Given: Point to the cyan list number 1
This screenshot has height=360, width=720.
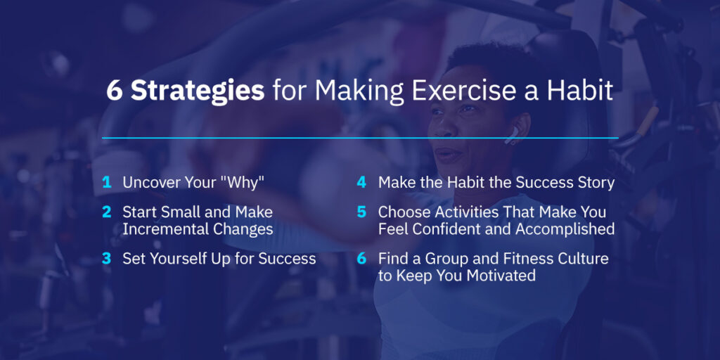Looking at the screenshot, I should (x=107, y=183).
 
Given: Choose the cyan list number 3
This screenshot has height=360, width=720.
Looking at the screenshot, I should (x=107, y=259).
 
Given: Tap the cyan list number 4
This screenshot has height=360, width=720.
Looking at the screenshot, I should (x=361, y=183).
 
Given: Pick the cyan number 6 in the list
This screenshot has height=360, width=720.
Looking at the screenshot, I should (x=361, y=259).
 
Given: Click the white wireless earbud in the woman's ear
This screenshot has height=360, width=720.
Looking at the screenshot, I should (x=512, y=134).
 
